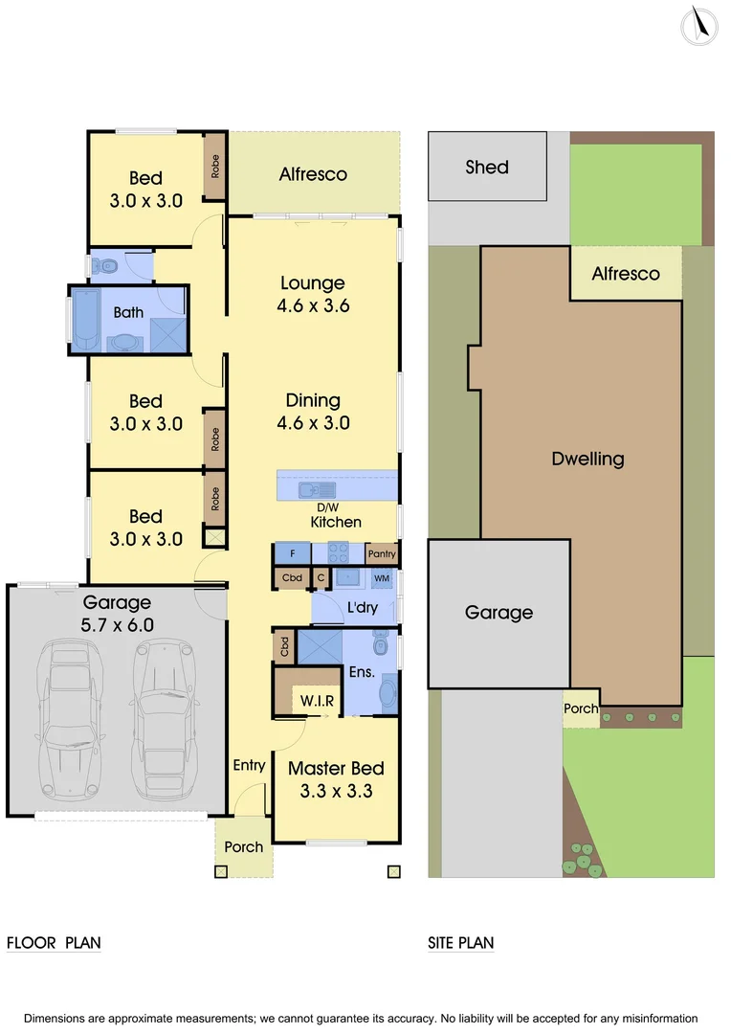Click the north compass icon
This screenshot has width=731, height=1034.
pyautogui.click(x=699, y=25)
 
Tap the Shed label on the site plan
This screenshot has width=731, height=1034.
pyautogui.click(x=487, y=167)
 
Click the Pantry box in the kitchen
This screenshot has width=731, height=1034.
pyautogui.click(x=381, y=553)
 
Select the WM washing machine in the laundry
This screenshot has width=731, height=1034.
pyautogui.click(x=381, y=579)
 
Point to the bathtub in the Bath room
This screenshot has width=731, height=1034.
pyautogui.click(x=84, y=320)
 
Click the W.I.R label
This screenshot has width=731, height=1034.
pyautogui.click(x=317, y=701)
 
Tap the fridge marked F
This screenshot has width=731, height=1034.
pyautogui.click(x=292, y=553)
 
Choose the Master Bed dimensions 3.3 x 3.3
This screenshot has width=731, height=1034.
pyautogui.click(x=336, y=792)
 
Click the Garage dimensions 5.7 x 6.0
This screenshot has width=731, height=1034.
pyautogui.click(x=117, y=625)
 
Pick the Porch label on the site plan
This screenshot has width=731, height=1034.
pyautogui.click(x=581, y=708)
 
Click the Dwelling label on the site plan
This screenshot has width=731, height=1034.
pyautogui.click(x=587, y=459)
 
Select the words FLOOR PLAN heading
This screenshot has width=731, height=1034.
pyautogui.click(x=54, y=943)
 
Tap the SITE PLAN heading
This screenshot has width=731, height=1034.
pyautogui.click(x=461, y=943)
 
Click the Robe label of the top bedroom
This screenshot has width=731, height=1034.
pyautogui.click(x=215, y=167)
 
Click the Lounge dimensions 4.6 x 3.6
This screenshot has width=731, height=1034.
pyautogui.click(x=313, y=306)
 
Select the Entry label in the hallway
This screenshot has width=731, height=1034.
pyautogui.click(x=249, y=765)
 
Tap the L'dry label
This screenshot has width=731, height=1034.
pyautogui.click(x=363, y=608)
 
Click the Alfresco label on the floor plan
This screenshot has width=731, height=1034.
pyautogui.click(x=313, y=174)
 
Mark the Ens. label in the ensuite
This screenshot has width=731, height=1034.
pyautogui.click(x=362, y=672)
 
